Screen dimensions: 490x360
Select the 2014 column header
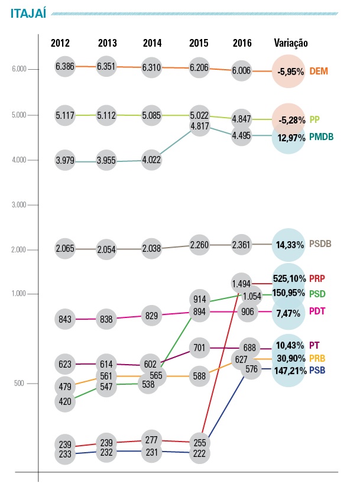click(x=153, y=43)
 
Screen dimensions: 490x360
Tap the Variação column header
click(x=291, y=43)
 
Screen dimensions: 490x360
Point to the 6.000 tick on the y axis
click(x=20, y=69)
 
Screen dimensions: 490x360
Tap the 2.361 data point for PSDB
click(x=242, y=244)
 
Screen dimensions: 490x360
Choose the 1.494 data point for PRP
click(x=242, y=284)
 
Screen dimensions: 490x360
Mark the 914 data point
click(x=199, y=299)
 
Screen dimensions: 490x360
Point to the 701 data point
click(x=199, y=348)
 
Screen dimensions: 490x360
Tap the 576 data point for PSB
click(x=252, y=369)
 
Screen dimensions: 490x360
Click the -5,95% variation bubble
click(x=290, y=72)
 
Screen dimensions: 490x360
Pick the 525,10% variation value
click(x=290, y=278)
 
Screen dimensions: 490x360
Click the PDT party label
click(x=318, y=311)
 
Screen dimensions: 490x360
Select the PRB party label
click(x=318, y=358)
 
